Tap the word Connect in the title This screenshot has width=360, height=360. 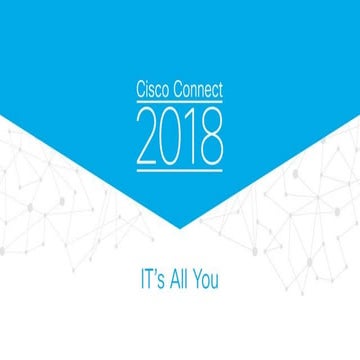(197, 91)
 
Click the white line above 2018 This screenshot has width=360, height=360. (180, 103)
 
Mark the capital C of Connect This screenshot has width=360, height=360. (173, 91)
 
